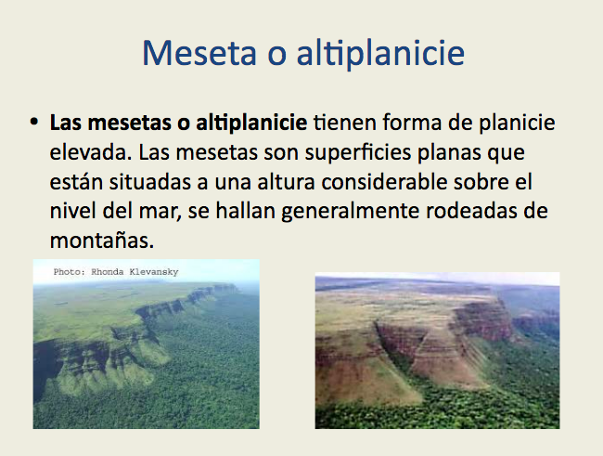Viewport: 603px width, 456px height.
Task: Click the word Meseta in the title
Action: tap(199, 53)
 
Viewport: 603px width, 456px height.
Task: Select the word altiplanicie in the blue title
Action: tap(380, 54)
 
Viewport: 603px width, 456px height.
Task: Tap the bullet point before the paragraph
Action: tap(33, 122)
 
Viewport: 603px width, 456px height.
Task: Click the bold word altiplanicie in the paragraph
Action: tap(251, 124)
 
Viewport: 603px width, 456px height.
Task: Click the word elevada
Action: tap(90, 152)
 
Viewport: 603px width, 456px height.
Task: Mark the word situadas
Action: tap(150, 182)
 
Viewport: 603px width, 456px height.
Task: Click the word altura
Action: tap(286, 182)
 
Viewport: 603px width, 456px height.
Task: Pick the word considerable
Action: tap(384, 182)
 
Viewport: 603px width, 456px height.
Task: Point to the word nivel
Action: tap(72, 211)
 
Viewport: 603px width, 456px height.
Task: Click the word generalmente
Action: tap(350, 212)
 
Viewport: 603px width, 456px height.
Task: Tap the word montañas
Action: tap(102, 241)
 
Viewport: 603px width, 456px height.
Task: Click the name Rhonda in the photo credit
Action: tap(108, 272)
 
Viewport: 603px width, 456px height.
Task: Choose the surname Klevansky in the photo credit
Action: tap(154, 272)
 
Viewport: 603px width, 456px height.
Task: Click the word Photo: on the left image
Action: tap(70, 272)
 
